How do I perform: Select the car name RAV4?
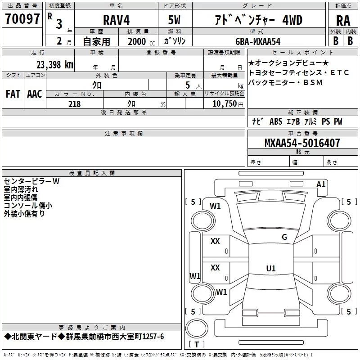[x=114, y=20]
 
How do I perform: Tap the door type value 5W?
[x=175, y=20]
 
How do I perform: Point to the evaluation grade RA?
[x=343, y=21]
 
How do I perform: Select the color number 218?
[x=74, y=104]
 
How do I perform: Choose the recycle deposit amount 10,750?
[x=224, y=104]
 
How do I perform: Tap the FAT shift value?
[x=13, y=94]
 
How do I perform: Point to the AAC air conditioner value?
[x=35, y=94]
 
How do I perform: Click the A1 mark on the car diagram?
[x=321, y=184]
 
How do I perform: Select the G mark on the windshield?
[x=284, y=237]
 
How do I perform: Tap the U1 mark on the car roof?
[x=270, y=268]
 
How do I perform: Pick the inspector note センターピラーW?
[x=31, y=182]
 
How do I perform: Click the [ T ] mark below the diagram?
[x=197, y=345]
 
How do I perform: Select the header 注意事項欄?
[x=123, y=134]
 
